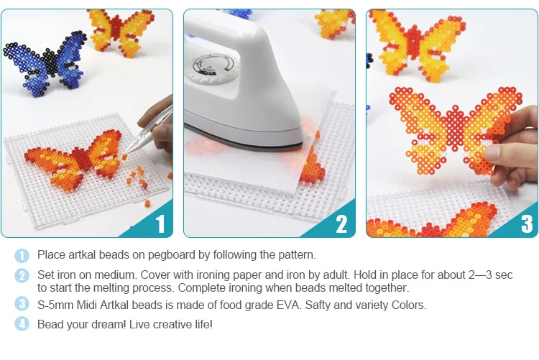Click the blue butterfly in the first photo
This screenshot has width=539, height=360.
pyautogui.click(x=47, y=65)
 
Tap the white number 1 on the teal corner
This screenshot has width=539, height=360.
pyautogui.click(x=160, y=224)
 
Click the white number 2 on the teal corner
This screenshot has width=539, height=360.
pyautogui.click(x=342, y=224)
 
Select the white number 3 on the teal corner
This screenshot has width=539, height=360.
pyautogui.click(x=527, y=224)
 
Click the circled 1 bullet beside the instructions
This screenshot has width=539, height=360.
pyautogui.click(x=23, y=255)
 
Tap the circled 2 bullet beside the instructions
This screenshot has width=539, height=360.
pyautogui.click(x=23, y=275)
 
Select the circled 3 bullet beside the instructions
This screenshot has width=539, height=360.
pyautogui.click(x=23, y=305)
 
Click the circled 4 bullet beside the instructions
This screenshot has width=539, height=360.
pyautogui.click(x=23, y=324)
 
